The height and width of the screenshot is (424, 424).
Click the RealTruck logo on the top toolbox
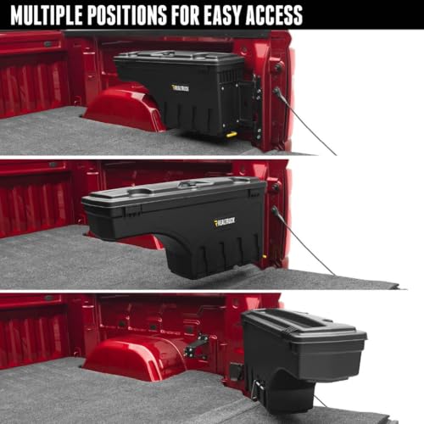click(181, 86)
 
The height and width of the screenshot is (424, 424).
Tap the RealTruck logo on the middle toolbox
click(225, 222)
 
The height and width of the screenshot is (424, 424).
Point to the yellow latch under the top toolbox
click(230, 133)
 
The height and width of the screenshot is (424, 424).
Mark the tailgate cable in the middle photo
click(301, 246)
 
